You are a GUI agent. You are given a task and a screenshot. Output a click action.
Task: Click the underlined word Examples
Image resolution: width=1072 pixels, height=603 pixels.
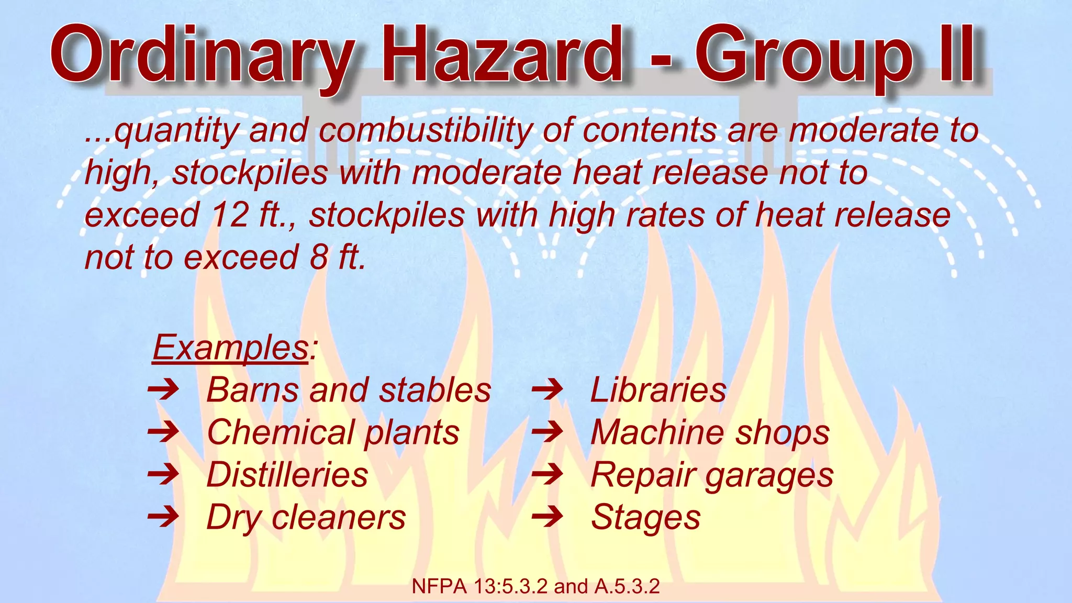230,348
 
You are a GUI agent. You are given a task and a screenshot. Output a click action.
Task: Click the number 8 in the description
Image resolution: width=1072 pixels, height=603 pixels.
319,258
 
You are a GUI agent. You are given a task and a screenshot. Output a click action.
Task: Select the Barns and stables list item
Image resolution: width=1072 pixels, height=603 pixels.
349,390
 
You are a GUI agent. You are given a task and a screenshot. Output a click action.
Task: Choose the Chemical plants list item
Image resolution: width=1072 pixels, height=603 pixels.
333,433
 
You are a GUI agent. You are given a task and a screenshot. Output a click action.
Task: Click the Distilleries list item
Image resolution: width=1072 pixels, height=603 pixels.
287,475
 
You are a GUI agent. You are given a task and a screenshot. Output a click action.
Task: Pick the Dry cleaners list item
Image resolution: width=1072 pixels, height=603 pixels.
306,518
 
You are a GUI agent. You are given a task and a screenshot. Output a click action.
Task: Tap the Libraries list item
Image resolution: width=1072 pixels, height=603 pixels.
658,390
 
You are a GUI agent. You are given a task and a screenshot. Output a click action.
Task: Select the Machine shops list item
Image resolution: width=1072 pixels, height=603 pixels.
710,433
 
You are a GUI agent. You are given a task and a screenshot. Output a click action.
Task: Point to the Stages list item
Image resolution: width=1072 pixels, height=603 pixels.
645,518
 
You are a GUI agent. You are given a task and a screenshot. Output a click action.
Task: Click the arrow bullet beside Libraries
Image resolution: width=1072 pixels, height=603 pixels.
547,390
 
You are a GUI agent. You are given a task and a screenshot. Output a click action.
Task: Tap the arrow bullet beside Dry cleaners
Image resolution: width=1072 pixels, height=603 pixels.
163,518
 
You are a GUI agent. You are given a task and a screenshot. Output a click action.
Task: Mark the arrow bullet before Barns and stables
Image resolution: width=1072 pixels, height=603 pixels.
163,390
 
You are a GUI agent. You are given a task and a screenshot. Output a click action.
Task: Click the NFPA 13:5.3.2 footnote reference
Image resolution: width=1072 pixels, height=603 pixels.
535,587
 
